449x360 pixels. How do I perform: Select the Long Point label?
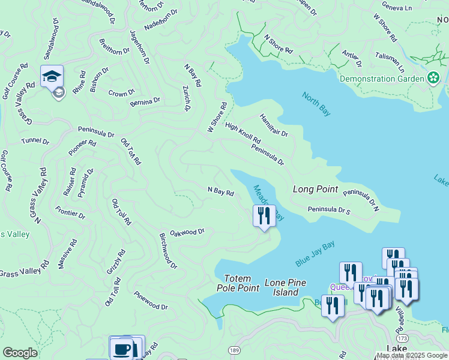point(315,189)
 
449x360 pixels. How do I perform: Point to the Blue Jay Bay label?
point(315,254)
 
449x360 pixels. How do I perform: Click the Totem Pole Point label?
point(241,283)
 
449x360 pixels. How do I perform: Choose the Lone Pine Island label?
point(286,287)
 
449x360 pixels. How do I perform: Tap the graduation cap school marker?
point(52,77)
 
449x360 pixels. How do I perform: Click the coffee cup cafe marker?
point(121,348)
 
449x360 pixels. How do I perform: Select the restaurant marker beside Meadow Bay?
point(264,215)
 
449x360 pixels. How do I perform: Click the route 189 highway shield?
point(235,350)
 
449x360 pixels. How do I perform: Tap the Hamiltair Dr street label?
point(274,125)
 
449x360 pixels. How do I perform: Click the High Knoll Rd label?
point(243,133)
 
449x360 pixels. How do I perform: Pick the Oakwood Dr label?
point(187,232)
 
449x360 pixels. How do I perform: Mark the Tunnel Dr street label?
point(35,141)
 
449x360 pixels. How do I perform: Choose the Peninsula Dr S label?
point(328,210)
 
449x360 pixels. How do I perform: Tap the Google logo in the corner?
point(20,353)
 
